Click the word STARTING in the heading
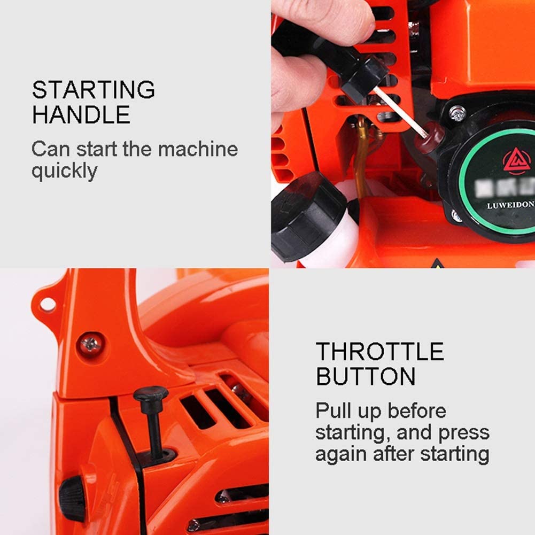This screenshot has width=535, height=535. [94, 90]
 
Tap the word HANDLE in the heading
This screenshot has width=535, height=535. [81, 114]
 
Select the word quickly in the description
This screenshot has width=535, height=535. [65, 172]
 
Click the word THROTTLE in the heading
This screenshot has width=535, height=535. [379, 352]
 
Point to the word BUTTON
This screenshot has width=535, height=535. [366, 376]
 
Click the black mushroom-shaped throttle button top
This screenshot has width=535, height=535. [151, 395]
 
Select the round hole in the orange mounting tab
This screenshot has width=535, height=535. [48, 304]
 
